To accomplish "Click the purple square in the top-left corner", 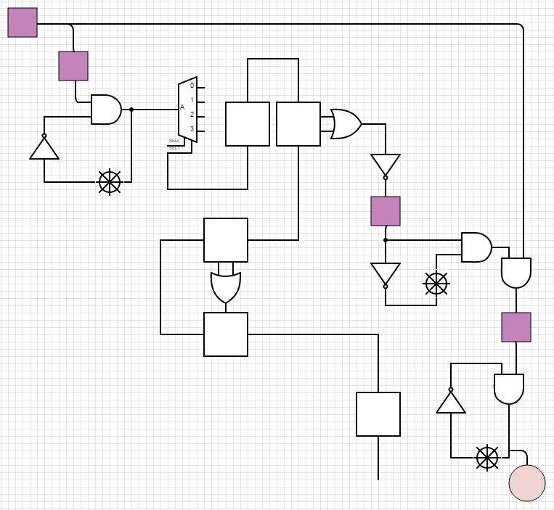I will pyautogui.click(x=23, y=22).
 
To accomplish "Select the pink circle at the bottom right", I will pyautogui.click(x=527, y=483).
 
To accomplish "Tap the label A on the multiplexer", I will pyautogui.click(x=182, y=107).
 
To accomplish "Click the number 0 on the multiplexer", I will pyautogui.click(x=192, y=86).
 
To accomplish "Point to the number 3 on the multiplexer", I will pyautogui.click(x=192, y=129).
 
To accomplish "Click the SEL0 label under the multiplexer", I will pyautogui.click(x=174, y=141).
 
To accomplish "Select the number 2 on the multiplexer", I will pyautogui.click(x=192, y=115).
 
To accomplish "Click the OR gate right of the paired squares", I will pyautogui.click(x=346, y=124).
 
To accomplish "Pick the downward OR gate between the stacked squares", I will pyautogui.click(x=226, y=287).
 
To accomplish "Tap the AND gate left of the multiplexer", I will pyautogui.click(x=106, y=110).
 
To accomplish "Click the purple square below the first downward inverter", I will pyautogui.click(x=386, y=211).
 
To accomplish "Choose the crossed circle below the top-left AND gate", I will pyautogui.click(x=110, y=182).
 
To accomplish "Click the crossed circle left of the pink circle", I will pyautogui.click(x=487, y=458).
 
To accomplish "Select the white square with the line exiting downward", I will pyautogui.click(x=378, y=414).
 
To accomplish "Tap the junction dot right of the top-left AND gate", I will pyautogui.click(x=131, y=110).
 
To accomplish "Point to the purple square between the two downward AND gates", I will pyautogui.click(x=516, y=327).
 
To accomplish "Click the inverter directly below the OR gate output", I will pyautogui.click(x=386, y=165).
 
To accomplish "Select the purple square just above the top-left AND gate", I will pyautogui.click(x=73, y=66).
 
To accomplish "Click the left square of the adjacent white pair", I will pyautogui.click(x=248, y=124).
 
